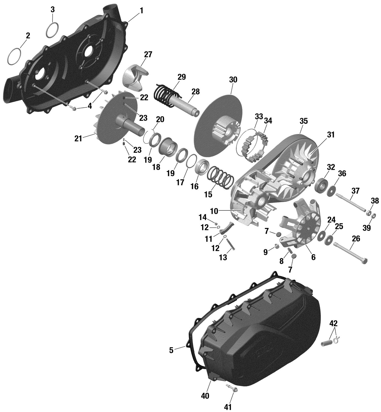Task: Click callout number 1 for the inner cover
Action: click(x=141, y=11)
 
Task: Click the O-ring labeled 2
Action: click(x=14, y=56)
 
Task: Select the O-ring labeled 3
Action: click(x=53, y=29)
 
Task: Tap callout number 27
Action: click(x=148, y=54)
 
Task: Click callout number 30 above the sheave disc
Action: click(x=233, y=80)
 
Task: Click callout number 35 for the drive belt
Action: click(x=303, y=121)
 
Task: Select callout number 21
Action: click(x=78, y=139)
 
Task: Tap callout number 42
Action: click(x=334, y=323)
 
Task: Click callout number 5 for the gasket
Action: click(x=171, y=350)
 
